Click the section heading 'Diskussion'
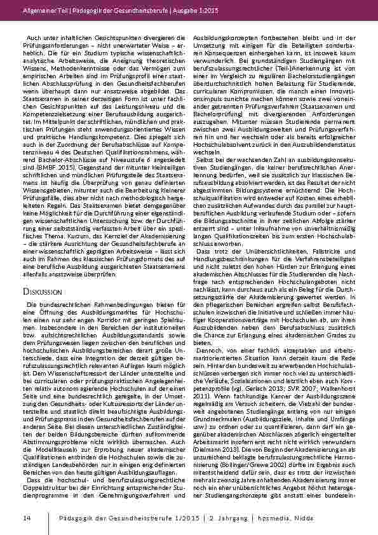43,273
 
